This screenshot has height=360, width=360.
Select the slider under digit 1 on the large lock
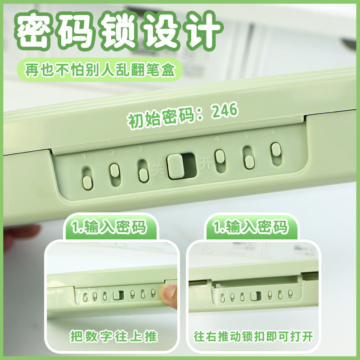tap(87, 177)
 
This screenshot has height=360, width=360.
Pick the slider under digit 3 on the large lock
tap(143, 171)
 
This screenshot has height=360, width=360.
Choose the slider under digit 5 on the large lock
tap(248, 157)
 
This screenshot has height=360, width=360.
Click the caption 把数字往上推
tap(114, 335)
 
